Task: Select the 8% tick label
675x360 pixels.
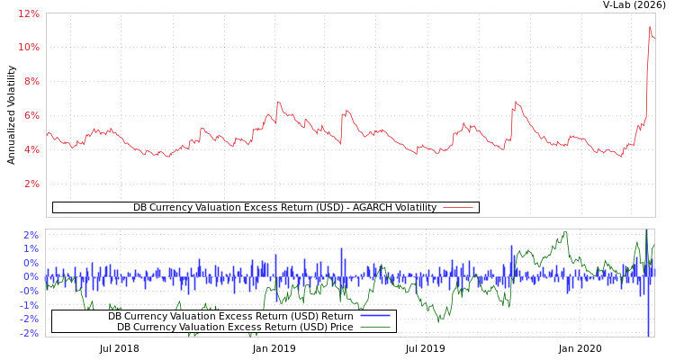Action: click(x=31, y=81)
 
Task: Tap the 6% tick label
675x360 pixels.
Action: click(x=31, y=115)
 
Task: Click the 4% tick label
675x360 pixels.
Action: click(x=31, y=149)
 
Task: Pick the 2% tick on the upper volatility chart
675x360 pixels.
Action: click(x=31, y=184)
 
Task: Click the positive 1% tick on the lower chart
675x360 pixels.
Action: click(x=31, y=248)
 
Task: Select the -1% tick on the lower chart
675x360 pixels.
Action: click(x=30, y=305)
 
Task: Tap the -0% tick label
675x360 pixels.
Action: click(x=30, y=291)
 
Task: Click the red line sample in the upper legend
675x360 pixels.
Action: click(x=458, y=208)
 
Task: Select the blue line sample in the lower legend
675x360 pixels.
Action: click(x=374, y=316)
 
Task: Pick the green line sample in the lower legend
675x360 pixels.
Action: click(x=374, y=327)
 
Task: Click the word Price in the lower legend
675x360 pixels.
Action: click(x=341, y=327)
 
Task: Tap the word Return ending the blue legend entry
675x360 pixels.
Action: click(x=337, y=316)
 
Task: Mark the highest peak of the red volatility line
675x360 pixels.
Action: click(x=650, y=27)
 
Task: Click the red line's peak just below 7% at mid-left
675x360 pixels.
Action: click(x=278, y=102)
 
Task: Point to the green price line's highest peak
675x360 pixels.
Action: click(x=565, y=232)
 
